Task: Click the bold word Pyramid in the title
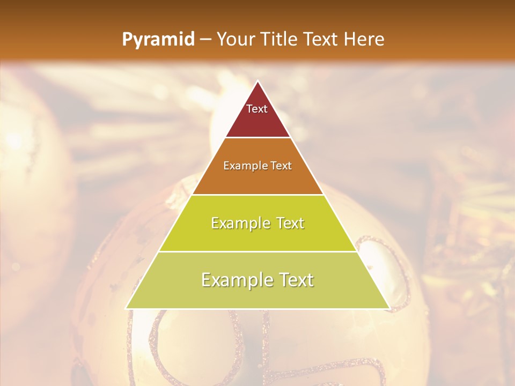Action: point(158,40)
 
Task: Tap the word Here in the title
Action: point(364,40)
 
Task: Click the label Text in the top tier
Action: point(257,109)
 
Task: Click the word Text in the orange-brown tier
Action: point(282,166)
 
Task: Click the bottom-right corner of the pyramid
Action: point(389,308)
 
